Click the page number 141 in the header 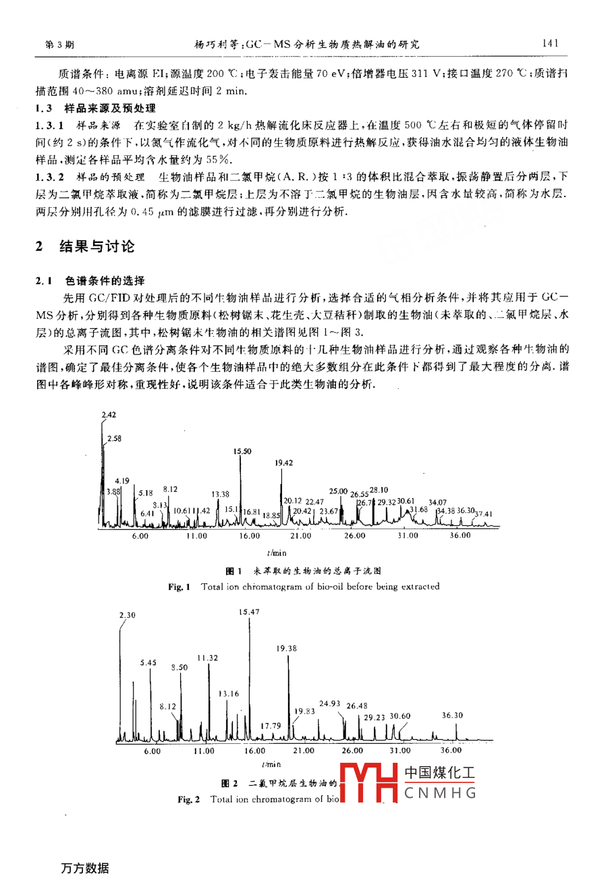click(551, 44)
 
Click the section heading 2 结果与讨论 click(86, 246)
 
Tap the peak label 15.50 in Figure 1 click(242, 452)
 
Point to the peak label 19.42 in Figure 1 click(284, 463)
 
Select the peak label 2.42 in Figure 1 click(109, 415)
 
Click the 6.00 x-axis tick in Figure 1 click(140, 536)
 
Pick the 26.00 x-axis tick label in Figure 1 click(354, 536)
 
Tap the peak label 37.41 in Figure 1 click(484, 514)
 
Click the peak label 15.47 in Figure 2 click(249, 612)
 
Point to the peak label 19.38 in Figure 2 click(286, 649)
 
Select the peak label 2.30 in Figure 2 click(127, 615)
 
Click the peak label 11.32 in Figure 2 click(208, 658)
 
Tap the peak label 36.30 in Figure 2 click(452, 715)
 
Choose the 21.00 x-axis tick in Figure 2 click(304, 751)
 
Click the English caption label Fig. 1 click(179, 587)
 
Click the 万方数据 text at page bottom click(85, 868)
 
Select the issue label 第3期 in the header click(59, 45)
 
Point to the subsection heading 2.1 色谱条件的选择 click(90, 281)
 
